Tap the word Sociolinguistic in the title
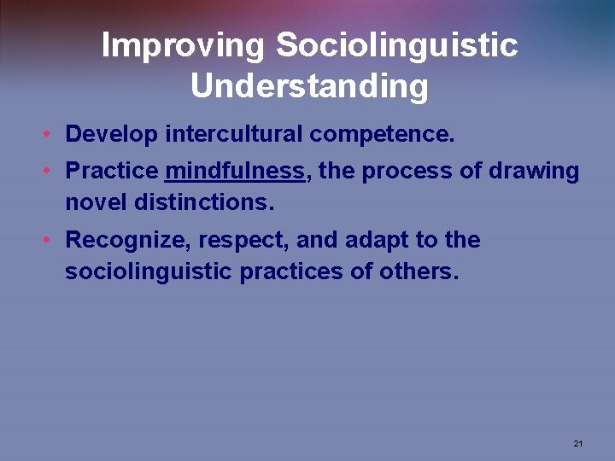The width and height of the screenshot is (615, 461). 396,46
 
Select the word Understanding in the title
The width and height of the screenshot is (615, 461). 308,87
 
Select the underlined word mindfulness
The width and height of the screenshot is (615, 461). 235,172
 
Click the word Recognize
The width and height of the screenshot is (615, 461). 127,241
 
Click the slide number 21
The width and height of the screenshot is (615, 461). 578,444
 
